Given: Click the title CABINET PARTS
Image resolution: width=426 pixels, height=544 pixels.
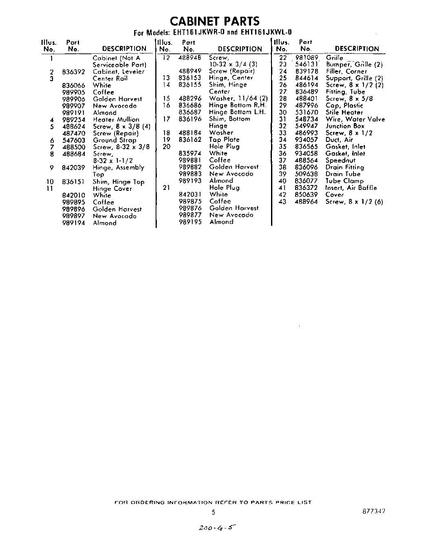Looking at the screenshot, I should point(215,21).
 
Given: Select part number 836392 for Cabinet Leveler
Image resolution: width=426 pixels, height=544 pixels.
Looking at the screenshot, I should point(73,72).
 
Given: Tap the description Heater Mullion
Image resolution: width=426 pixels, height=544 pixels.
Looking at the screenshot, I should point(116,120).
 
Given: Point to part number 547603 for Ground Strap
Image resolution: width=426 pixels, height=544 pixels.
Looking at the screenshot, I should point(73,141).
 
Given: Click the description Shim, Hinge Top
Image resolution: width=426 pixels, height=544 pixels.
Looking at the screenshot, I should point(119,182).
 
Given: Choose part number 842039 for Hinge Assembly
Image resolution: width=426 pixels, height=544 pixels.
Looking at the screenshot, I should point(73,168).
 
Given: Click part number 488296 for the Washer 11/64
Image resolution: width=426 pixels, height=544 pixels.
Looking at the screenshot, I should point(190,98).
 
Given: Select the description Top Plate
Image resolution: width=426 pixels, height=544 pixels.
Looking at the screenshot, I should point(224,140).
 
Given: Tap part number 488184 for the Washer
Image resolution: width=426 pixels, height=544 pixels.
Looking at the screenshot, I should point(190,133).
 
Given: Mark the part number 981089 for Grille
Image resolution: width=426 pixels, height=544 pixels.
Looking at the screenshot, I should point(307,58).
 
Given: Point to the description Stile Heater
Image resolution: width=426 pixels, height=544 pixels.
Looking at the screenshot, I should point(344,112).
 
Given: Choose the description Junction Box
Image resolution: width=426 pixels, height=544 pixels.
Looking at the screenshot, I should point(345,126).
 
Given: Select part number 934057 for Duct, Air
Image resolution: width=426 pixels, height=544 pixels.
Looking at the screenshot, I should point(306,140).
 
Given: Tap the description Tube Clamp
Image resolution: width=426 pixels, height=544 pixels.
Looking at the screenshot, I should point(344,181).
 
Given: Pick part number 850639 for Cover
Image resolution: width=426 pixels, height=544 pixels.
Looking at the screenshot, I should point(306,194).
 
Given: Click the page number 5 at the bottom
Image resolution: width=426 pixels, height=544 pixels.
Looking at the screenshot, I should point(213,512).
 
